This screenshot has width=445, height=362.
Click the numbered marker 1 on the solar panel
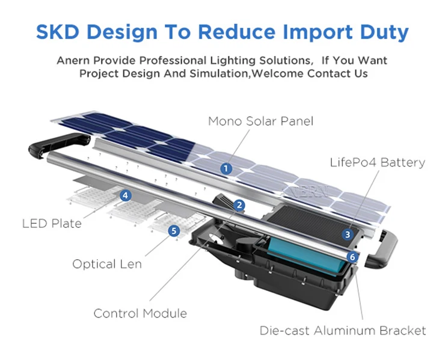[x=226, y=169]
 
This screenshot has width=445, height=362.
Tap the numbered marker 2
[x=240, y=206]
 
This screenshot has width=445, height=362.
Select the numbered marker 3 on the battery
[x=348, y=235]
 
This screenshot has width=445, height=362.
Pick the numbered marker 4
[x=125, y=195]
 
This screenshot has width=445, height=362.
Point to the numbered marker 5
[x=174, y=230]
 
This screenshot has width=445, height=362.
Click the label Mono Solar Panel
[x=260, y=121]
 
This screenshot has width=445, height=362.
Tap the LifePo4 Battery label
[x=377, y=162]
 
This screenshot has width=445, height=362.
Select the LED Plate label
[x=52, y=224]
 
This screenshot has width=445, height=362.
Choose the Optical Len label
[x=107, y=264]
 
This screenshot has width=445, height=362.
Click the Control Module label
[x=140, y=313]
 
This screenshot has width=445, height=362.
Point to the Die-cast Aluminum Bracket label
[x=343, y=331]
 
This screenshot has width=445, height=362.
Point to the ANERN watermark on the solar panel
[x=305, y=192]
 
